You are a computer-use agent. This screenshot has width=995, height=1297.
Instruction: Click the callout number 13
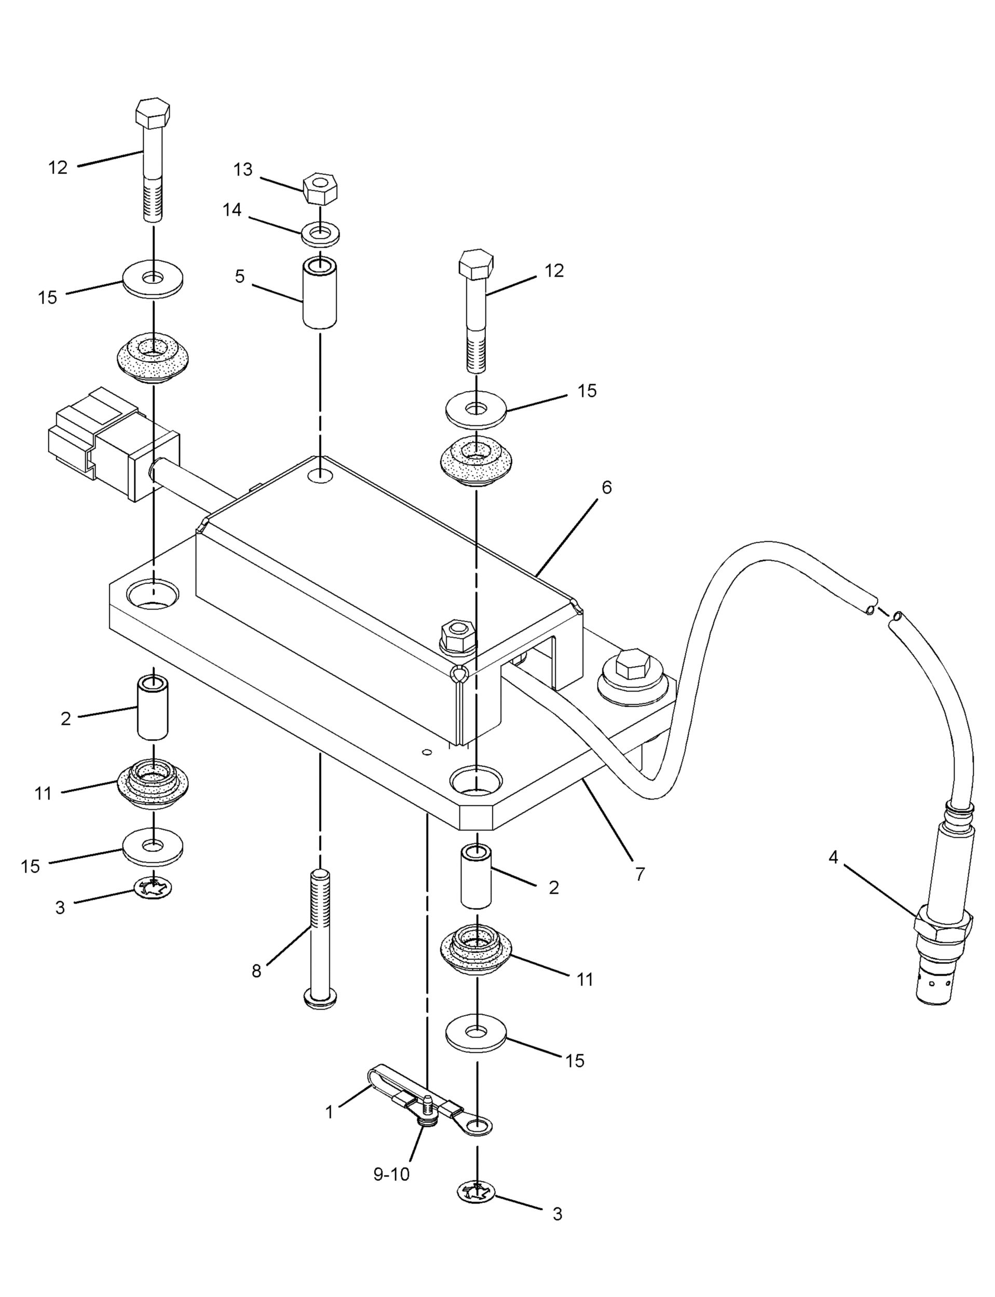click(242, 170)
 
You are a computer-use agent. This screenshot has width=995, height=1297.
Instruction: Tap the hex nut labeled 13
click(320, 188)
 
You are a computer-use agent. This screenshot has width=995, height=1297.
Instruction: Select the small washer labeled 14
click(320, 233)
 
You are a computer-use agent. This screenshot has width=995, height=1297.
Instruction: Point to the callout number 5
click(239, 277)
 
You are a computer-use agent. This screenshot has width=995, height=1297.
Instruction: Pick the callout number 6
click(606, 487)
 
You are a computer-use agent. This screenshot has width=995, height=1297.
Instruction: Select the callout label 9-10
click(391, 1175)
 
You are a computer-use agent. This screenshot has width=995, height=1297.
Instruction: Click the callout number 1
click(329, 1112)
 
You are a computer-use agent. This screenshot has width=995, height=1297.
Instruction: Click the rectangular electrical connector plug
click(113, 444)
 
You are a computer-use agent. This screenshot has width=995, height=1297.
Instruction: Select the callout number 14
click(231, 210)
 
